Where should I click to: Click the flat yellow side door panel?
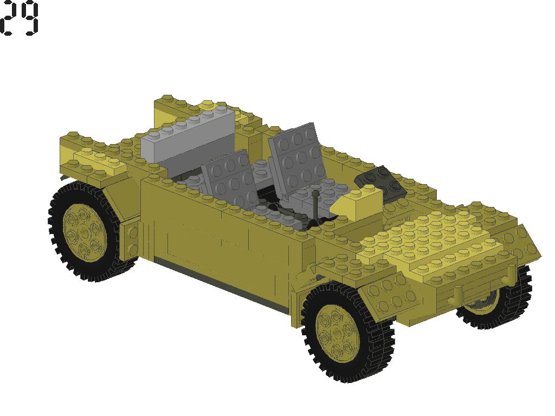pos(217,233)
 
